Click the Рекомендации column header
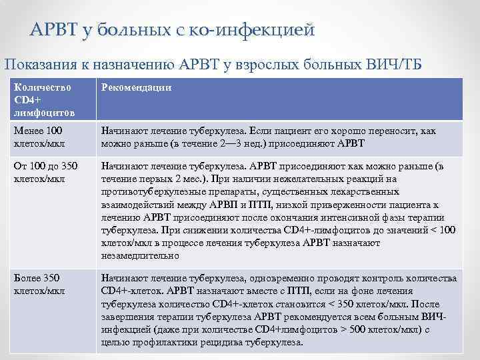[136, 87]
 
